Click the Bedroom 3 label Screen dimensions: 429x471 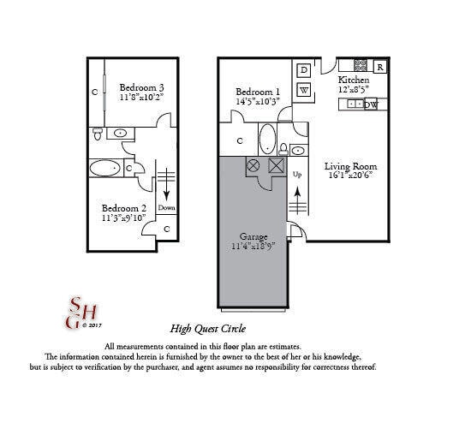[x=141, y=86]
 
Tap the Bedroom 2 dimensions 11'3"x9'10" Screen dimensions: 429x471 [x=124, y=218]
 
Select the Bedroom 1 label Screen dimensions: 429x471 [x=259, y=92]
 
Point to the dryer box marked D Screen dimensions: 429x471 [x=304, y=69]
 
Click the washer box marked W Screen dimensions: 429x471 [x=304, y=89]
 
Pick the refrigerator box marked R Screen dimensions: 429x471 [x=379, y=66]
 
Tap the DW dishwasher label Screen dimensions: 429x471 [x=371, y=104]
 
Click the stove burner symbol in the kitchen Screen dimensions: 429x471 [x=361, y=65]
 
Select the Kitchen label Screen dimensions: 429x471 [x=354, y=79]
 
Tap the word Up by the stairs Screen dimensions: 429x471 [x=298, y=175]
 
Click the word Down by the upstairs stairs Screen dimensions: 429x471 [x=167, y=207]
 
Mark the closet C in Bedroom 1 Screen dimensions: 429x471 [x=240, y=140]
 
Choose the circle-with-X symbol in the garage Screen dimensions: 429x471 [x=253, y=165]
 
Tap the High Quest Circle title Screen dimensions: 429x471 [x=208, y=328]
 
